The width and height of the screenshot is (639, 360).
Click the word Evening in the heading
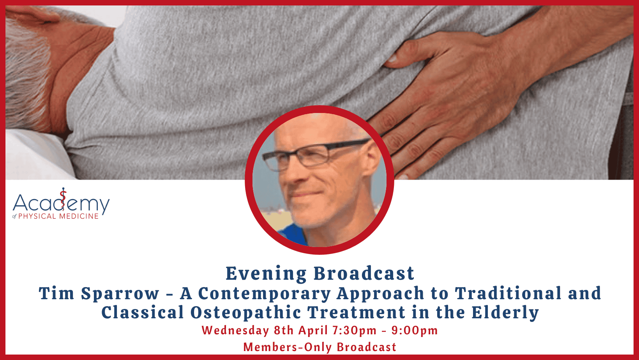click(266, 274)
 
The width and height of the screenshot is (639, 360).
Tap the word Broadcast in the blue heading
click(364, 273)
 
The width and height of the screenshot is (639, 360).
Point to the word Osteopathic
click(245, 312)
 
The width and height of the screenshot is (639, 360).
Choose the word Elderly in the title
click(505, 313)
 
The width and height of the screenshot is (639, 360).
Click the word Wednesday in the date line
click(235, 331)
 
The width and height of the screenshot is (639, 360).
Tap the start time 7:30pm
click(355, 331)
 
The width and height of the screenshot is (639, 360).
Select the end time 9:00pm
click(415, 331)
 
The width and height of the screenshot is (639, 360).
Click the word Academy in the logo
click(61, 203)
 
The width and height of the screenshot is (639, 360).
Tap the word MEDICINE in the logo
click(79, 216)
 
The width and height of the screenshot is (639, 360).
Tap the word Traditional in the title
click(508, 293)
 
